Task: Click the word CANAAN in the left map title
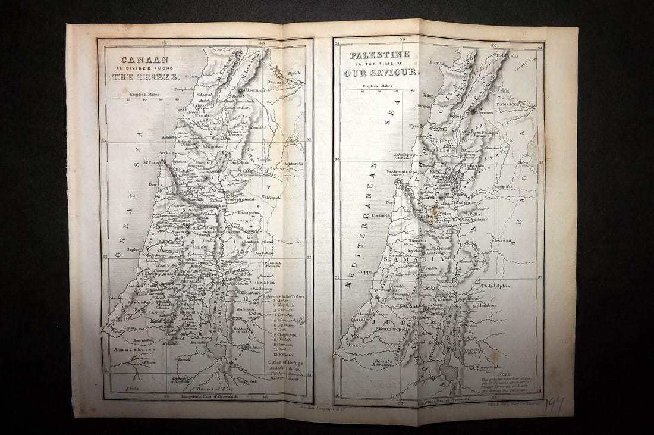point(137,60)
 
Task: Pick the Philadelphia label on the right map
point(492,286)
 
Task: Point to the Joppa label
point(366,271)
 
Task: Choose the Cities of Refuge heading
point(287,362)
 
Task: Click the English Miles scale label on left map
point(143,94)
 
